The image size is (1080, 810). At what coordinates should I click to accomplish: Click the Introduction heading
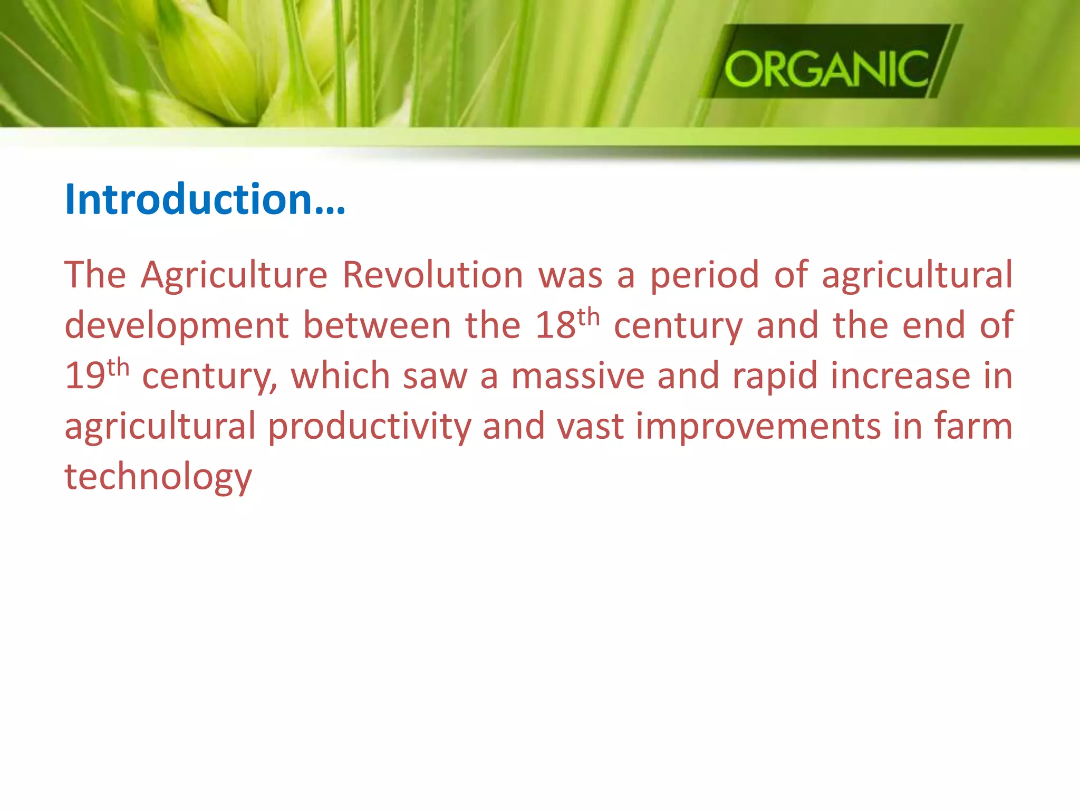[205, 199]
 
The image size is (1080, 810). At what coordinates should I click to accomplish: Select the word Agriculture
[234, 275]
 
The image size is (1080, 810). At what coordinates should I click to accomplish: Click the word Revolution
[432, 275]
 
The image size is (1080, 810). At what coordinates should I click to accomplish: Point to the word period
[704, 276]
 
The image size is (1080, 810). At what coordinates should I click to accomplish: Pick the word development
[176, 326]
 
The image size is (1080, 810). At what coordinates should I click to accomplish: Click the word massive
[577, 375]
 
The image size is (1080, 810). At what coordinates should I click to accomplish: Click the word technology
[158, 477]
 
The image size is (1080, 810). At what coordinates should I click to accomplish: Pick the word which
[340, 375]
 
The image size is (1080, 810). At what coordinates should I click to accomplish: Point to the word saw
[435, 377]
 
